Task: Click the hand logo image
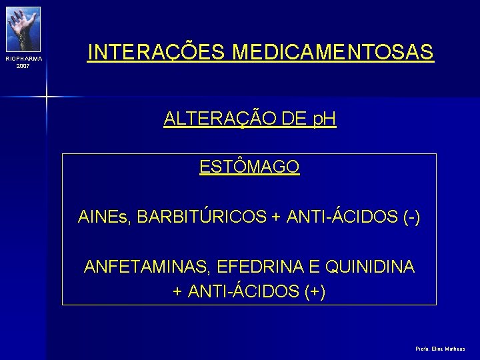tap(23, 28)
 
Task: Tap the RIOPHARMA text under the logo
tap(23, 59)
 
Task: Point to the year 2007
tap(23, 66)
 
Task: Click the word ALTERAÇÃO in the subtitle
tap(213, 119)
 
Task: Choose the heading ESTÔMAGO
tap(249, 167)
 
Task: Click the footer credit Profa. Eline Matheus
tap(440, 349)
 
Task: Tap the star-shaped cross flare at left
tap(47, 96)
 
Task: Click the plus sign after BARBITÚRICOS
tap(276, 217)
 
